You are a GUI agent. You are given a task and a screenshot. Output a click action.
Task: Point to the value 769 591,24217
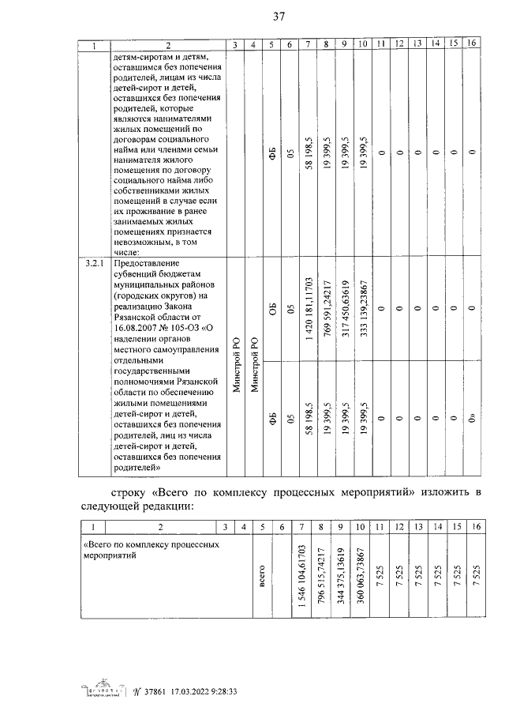click(x=326, y=308)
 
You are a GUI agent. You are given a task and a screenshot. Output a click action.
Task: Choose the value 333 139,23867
click(x=362, y=308)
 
